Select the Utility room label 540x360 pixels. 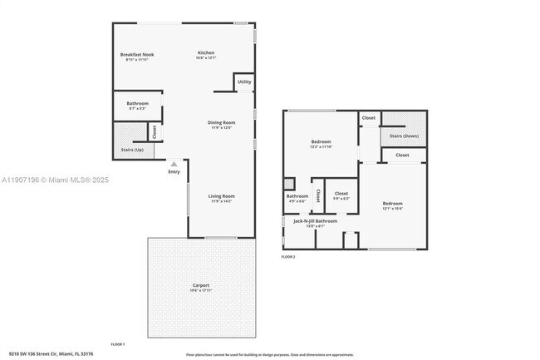(244, 82)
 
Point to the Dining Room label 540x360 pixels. (221, 123)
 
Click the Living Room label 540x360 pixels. (222, 196)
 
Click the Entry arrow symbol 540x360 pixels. (174, 164)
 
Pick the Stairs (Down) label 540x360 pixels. (404, 136)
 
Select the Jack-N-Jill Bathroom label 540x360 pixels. (316, 221)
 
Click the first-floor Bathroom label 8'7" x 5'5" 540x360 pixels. (138, 103)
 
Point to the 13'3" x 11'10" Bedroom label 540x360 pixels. (322, 142)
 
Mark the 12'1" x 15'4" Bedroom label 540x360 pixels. (392, 204)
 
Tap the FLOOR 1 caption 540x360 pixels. (118, 344)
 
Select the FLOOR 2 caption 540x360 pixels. (288, 257)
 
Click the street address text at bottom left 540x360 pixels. (50, 353)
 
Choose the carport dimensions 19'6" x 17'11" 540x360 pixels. (200, 290)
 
